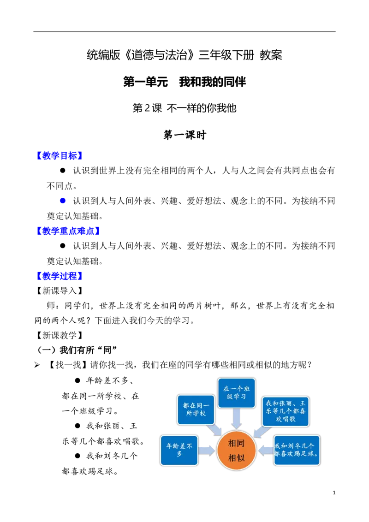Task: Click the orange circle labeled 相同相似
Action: (x=236, y=451)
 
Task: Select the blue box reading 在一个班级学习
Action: (x=237, y=393)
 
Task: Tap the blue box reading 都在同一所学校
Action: (x=196, y=409)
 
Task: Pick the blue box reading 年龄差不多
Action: (x=179, y=450)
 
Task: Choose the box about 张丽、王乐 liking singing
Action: (x=286, y=411)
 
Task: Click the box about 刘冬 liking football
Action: (x=297, y=450)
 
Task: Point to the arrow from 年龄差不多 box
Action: (x=207, y=451)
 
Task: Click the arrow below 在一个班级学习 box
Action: (x=237, y=418)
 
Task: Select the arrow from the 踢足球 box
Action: (x=265, y=451)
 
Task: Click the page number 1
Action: (x=334, y=492)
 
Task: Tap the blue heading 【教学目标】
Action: (x=59, y=155)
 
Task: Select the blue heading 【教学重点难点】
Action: (x=68, y=231)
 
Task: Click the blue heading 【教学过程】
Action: (x=59, y=276)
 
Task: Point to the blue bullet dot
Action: (x=63, y=201)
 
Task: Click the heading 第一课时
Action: (x=185, y=135)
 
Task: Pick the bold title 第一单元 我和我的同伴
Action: (x=184, y=82)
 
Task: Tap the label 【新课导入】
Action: (x=59, y=291)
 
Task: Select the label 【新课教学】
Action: (x=59, y=335)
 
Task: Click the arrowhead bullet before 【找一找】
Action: (x=37, y=365)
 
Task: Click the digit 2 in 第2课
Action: (x=147, y=108)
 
